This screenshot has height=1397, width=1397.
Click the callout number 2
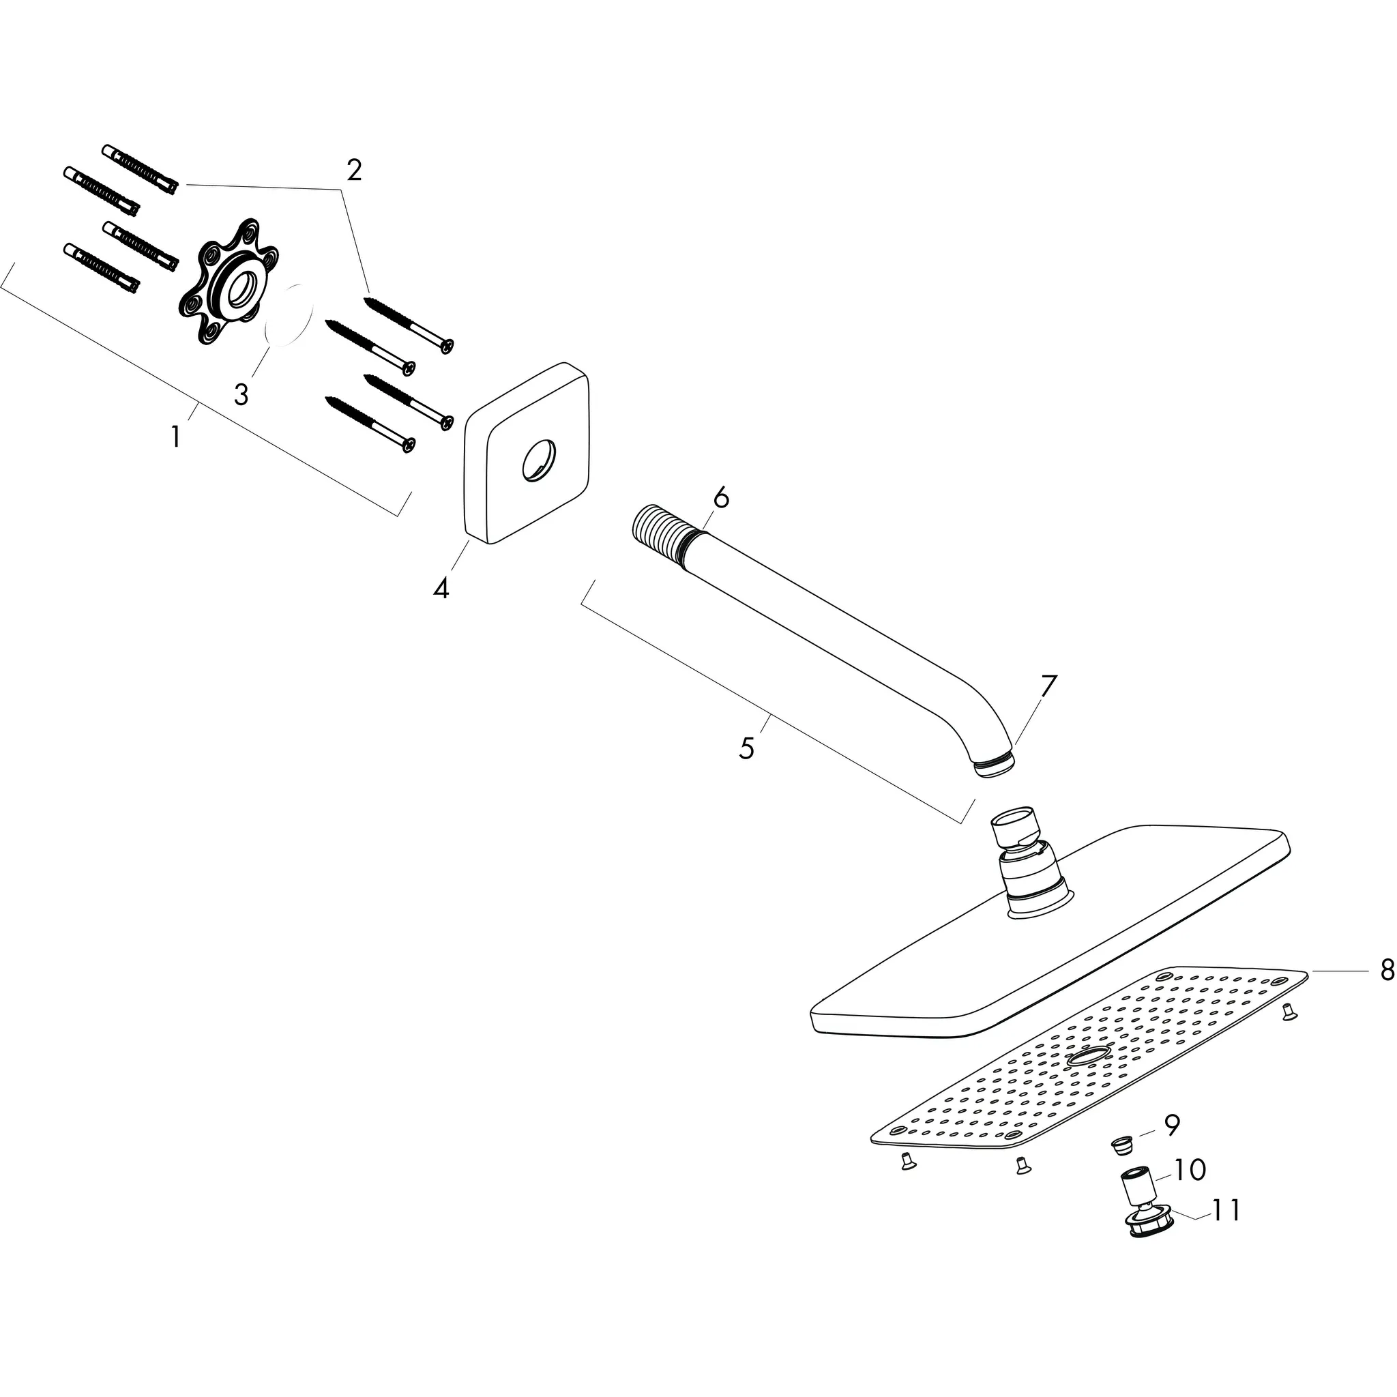click(x=353, y=171)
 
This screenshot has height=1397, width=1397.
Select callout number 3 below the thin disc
click(x=241, y=395)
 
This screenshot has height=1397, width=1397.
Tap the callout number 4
click(x=441, y=588)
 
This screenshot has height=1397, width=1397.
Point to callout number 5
click(x=746, y=748)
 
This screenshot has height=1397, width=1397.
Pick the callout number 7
click(x=1048, y=686)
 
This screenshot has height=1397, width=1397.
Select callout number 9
click(x=1172, y=1124)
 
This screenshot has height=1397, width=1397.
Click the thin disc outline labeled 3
click(x=289, y=316)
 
